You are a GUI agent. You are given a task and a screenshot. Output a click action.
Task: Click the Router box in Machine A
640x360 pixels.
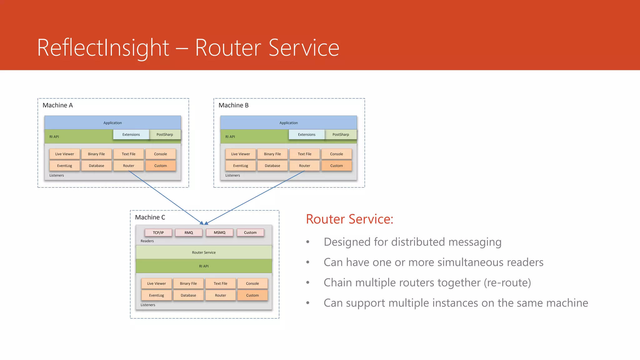coord(128,166)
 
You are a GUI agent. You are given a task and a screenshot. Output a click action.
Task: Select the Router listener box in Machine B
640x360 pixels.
coord(304,166)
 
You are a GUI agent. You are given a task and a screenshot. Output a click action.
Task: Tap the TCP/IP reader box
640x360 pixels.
coord(158,232)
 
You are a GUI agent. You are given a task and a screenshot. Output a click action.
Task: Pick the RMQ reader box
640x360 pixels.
coord(189,232)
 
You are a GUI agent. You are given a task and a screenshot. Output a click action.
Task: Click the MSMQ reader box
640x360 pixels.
coord(219,232)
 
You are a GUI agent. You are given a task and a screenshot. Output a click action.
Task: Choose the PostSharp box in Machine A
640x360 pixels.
coord(165,134)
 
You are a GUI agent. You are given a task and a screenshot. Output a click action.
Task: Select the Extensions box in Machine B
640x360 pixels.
coord(307,134)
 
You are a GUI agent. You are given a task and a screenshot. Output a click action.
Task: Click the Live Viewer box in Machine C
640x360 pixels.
coord(156,283)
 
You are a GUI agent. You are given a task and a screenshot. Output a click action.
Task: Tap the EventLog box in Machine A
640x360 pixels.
coord(64,166)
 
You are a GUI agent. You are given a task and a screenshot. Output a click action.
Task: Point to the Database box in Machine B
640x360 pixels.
coord(272,166)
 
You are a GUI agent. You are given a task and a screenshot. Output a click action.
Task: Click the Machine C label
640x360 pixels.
coord(150,217)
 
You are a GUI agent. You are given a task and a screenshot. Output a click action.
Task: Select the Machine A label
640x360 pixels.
coord(57,105)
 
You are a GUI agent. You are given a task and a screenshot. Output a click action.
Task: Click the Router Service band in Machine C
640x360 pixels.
coord(204,252)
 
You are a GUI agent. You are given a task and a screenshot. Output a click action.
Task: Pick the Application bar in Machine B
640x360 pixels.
coord(288,123)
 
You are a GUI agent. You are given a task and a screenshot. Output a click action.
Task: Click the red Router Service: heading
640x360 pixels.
coord(349,219)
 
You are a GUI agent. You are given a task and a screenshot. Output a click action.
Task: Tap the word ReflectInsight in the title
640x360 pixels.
coord(103,47)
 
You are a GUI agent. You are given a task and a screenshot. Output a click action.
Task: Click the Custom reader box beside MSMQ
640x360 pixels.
coord(250,232)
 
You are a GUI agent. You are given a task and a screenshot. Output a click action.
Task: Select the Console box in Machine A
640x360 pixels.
coord(160,154)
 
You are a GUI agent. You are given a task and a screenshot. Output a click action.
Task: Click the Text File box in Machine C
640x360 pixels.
coord(220,283)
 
